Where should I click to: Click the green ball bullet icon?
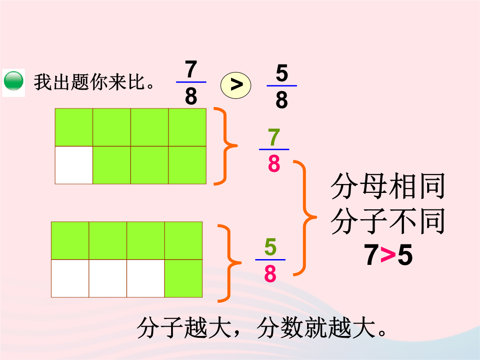point(13,81)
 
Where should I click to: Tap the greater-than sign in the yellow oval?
point(236,85)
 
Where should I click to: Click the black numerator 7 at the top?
point(191,69)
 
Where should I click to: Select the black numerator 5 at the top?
point(282,73)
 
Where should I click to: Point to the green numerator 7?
point(274,137)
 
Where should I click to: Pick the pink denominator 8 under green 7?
point(274,164)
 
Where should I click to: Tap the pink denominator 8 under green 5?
point(270,273)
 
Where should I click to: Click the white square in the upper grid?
point(74,165)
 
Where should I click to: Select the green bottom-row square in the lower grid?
point(184,278)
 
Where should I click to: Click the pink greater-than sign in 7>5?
point(388,255)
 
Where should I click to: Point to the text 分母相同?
point(388,186)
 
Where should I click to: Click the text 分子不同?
point(388,221)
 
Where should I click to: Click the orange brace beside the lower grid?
point(230,263)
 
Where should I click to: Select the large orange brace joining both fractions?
point(304,218)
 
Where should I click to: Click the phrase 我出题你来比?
point(89,82)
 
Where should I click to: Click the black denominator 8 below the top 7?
point(191,96)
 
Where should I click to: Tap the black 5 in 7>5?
point(405,255)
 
